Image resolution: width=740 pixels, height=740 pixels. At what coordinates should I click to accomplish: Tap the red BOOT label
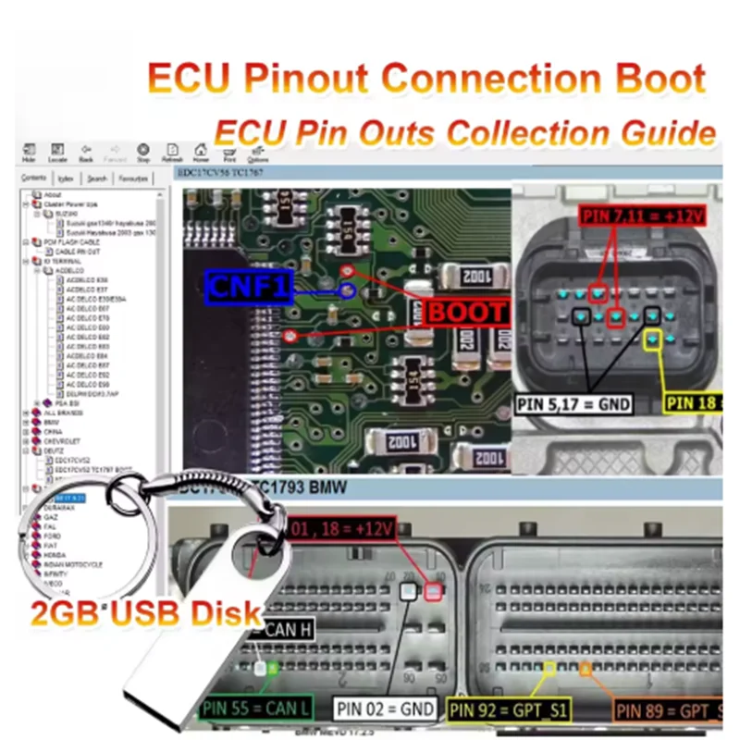(466, 312)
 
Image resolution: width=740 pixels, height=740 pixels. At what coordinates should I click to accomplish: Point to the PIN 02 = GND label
(385, 709)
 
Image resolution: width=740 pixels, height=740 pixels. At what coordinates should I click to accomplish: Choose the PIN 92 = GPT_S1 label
(508, 709)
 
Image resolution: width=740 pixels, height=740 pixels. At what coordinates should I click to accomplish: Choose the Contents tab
(34, 178)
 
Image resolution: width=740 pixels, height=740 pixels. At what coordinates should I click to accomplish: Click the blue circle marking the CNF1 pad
(348, 290)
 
